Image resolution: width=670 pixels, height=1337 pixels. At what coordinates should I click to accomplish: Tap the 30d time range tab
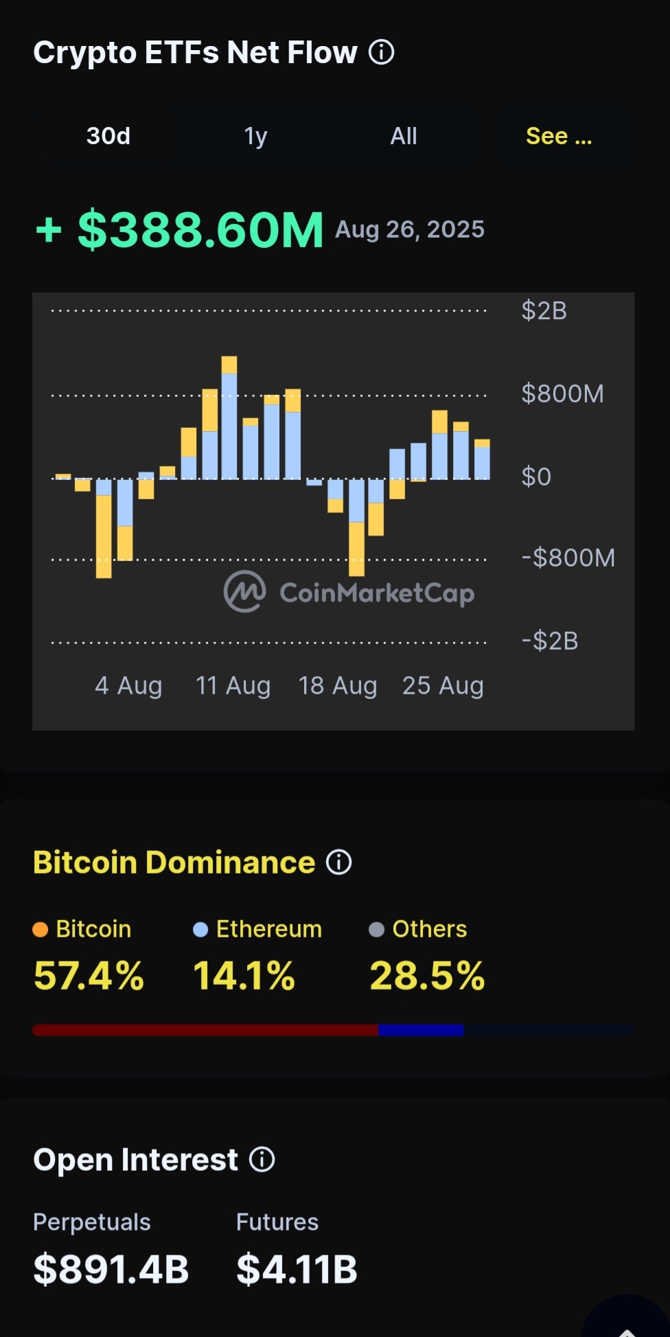tap(108, 136)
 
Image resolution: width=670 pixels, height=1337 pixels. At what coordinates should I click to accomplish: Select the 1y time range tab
tap(255, 136)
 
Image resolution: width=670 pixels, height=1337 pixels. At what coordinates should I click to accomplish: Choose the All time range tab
tap(404, 136)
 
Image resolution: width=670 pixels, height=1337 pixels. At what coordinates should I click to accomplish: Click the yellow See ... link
tap(559, 136)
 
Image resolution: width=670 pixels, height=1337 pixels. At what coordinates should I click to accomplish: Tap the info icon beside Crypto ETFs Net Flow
tap(382, 52)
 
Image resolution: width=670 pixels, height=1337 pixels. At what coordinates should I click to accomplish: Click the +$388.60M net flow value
tap(180, 229)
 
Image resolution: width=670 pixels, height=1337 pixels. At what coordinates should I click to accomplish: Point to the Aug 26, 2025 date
tap(410, 229)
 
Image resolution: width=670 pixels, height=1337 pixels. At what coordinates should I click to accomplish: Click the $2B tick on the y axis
tap(544, 310)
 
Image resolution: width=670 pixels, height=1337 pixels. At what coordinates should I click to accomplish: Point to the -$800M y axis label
tap(568, 558)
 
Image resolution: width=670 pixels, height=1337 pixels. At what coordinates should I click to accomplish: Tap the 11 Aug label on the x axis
tap(233, 685)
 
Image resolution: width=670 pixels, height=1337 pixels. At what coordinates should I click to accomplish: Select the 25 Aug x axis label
tap(443, 685)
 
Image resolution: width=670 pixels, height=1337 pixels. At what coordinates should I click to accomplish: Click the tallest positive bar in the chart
tap(229, 418)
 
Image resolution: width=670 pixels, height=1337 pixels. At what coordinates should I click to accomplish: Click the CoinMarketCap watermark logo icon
tap(244, 591)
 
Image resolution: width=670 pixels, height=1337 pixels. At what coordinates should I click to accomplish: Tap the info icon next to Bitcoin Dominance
tap(338, 862)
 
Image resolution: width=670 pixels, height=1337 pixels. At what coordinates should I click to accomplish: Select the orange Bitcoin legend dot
tap(41, 930)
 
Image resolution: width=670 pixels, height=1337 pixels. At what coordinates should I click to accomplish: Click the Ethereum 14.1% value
tap(244, 976)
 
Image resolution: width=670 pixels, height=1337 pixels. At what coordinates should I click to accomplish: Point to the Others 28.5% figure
tap(427, 976)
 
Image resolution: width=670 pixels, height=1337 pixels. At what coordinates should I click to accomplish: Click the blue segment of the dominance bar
tap(421, 1030)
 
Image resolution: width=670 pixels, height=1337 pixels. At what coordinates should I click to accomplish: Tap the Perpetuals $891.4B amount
tap(111, 1269)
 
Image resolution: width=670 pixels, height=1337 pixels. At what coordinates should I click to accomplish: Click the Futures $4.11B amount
tap(297, 1269)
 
